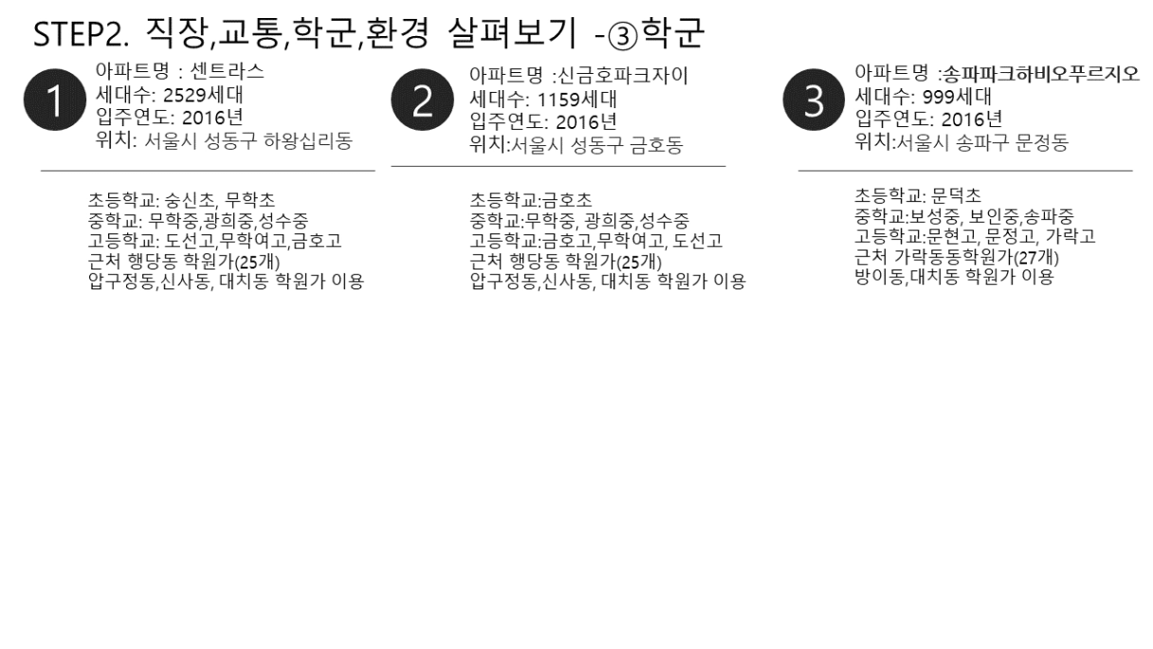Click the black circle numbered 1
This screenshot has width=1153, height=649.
click(x=55, y=100)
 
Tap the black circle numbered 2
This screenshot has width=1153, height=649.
click(x=423, y=100)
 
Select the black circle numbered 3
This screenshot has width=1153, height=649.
click(x=814, y=100)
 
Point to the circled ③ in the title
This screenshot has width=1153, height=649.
click(x=623, y=37)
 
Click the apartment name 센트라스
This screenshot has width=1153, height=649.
click(x=227, y=71)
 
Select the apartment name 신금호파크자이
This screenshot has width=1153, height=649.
click(x=623, y=76)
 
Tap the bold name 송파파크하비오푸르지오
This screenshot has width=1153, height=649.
click(x=1041, y=74)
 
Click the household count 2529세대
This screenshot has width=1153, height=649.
click(x=203, y=95)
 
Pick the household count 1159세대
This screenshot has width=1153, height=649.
click(x=577, y=99)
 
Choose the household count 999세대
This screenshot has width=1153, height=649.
click(x=957, y=97)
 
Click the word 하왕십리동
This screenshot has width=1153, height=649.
click(x=308, y=140)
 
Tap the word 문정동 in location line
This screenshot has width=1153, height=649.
click(x=1042, y=142)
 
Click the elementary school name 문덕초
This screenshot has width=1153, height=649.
click(x=957, y=195)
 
